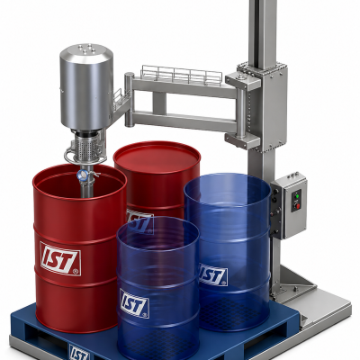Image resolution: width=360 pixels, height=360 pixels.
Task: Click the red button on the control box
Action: coord(298,205)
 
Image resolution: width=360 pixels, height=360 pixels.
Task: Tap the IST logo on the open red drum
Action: coord(60,258)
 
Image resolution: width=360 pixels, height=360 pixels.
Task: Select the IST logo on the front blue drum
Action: coord(134,303)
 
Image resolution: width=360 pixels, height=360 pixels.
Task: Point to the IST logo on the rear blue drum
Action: coord(213,274)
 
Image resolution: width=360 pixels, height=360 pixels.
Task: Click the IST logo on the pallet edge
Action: coord(79,352)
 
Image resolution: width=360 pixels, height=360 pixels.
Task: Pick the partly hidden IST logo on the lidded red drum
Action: coord(139,221)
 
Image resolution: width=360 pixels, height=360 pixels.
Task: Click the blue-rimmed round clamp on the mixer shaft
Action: coord(82,175)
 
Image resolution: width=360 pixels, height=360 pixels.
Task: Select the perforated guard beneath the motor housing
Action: coord(86,146)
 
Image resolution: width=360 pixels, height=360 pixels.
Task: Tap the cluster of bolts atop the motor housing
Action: coord(86,49)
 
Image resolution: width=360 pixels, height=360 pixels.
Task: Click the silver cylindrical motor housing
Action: coord(86,87)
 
